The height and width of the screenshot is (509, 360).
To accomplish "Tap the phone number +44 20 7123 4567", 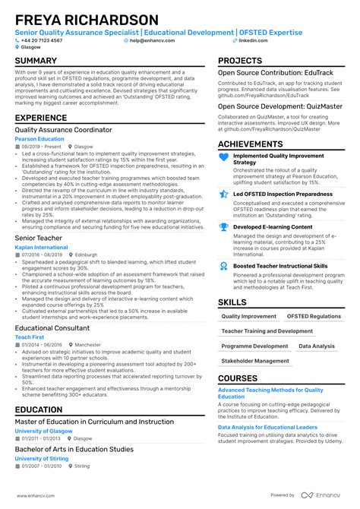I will [x=42, y=40].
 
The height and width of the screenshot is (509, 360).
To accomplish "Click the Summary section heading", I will [x=36, y=61].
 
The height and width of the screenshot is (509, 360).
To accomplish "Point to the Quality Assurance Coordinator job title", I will [x=63, y=130].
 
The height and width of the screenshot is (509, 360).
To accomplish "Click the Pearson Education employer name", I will [x=39, y=139].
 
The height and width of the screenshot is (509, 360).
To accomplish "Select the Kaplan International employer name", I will [x=42, y=248].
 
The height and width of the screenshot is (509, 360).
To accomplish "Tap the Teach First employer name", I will [x=30, y=337].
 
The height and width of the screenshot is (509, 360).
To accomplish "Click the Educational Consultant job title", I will [x=52, y=328].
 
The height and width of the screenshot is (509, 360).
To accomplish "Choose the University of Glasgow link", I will [x=43, y=431].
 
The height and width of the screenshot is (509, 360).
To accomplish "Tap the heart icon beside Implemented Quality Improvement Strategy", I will [x=223, y=157].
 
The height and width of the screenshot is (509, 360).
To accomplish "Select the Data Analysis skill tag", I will [x=316, y=346].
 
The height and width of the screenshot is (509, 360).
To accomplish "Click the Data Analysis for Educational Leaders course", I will [x=267, y=427].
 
